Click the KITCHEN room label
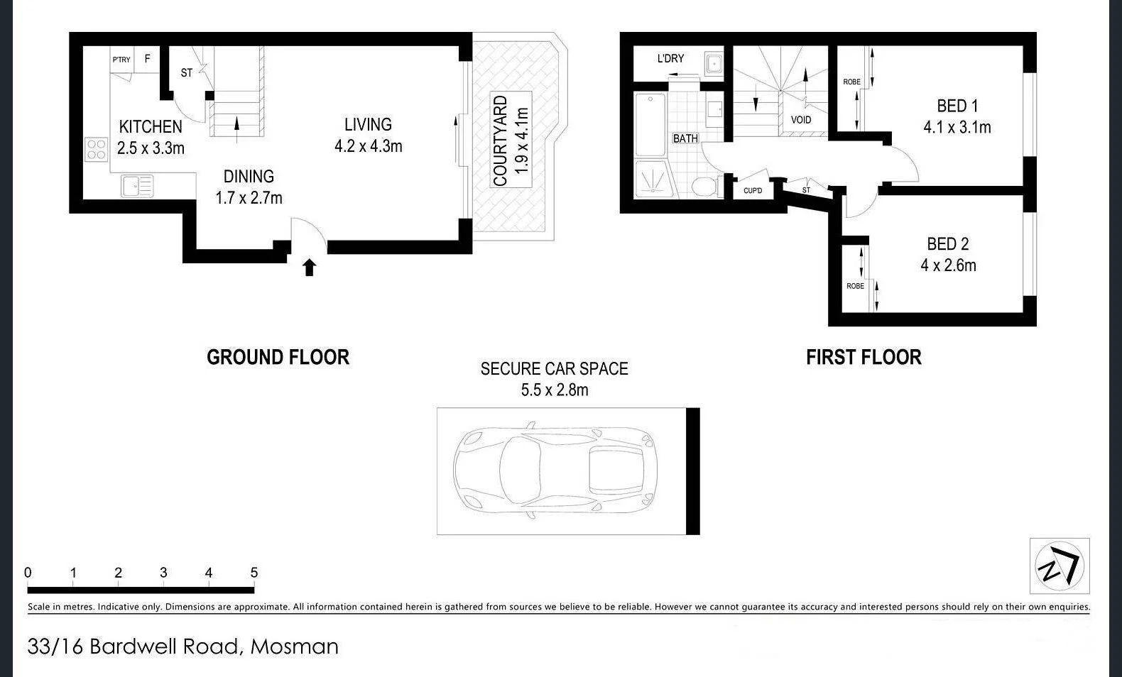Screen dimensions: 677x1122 [151, 127]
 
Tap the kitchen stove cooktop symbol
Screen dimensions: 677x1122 [97, 149]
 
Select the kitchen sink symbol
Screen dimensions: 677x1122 [137, 186]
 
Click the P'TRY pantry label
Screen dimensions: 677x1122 [121, 60]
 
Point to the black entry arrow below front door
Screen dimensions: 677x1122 [309, 268]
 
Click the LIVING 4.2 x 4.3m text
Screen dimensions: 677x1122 [368, 136]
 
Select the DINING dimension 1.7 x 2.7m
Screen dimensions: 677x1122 [249, 198]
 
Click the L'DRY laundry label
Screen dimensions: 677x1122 [670, 58]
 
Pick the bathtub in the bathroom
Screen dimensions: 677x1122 [650, 125]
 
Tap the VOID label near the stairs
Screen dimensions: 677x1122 [801, 120]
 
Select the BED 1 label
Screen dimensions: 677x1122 [957, 106]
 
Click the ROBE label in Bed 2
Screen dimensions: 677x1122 [855, 286]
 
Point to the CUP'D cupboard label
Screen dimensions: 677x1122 [753, 191]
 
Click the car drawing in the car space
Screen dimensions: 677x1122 [555, 470]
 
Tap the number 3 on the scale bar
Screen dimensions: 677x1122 [163, 573]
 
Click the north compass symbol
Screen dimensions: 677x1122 [1060, 566]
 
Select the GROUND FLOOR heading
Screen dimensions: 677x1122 [278, 357]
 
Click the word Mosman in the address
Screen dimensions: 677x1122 [295, 646]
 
